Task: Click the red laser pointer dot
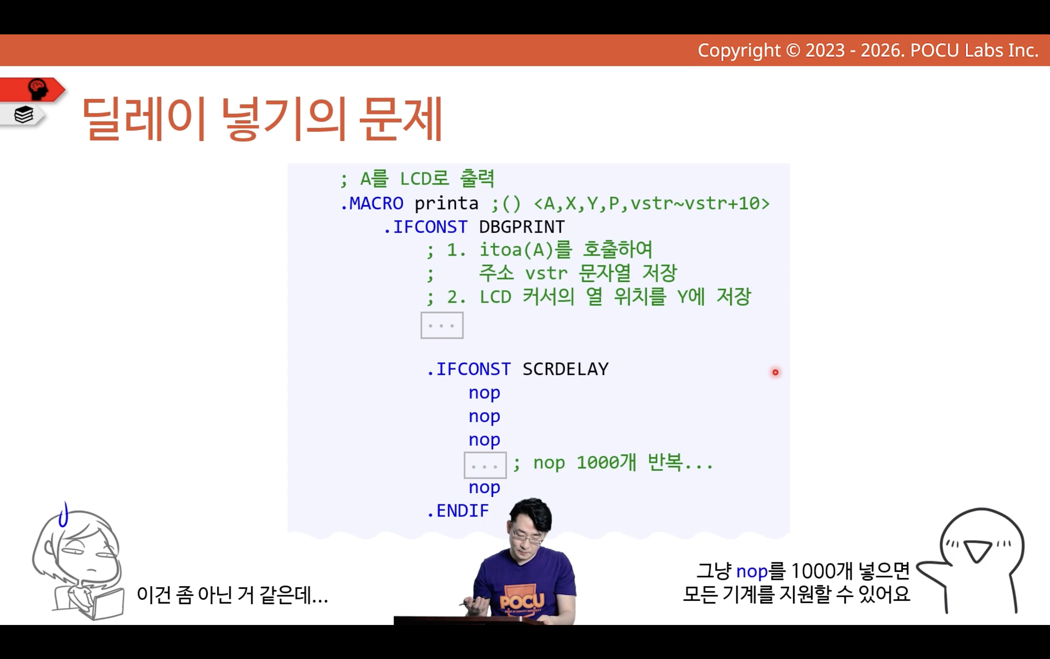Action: pos(775,372)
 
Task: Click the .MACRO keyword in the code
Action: pos(372,203)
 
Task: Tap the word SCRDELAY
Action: pos(565,369)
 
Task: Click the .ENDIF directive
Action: pos(458,511)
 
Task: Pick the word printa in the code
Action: pos(446,203)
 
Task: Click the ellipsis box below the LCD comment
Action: pos(442,325)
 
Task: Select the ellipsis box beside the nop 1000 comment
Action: pos(485,466)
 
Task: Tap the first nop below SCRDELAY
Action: pos(484,393)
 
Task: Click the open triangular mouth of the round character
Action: pos(978,550)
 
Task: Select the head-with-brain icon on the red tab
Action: pos(38,89)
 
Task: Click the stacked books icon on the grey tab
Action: pos(24,115)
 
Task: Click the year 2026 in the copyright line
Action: pos(883,51)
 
